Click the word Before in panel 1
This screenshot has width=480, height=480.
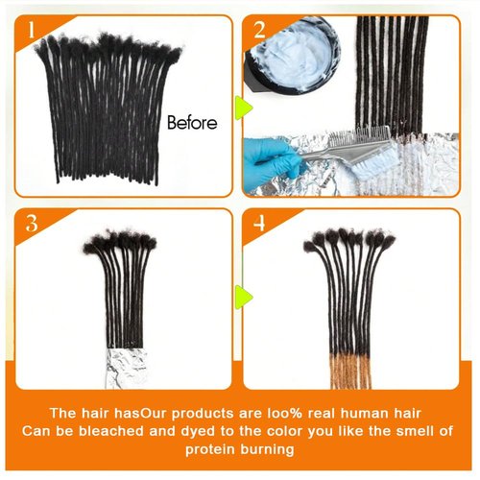192,123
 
